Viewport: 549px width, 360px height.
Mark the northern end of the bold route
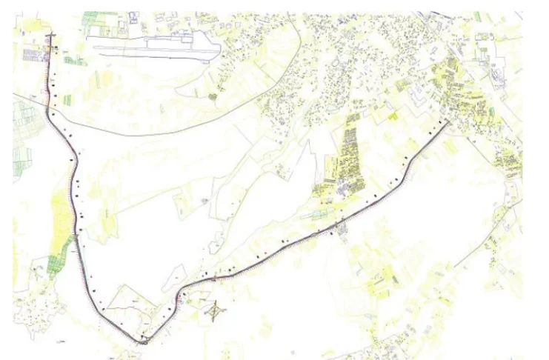[50, 36]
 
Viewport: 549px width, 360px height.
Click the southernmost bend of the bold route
[143, 342]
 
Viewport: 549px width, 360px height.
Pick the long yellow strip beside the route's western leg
[59, 215]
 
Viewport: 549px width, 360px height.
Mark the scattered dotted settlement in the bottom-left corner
[33, 319]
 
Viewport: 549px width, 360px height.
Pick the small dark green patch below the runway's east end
[213, 96]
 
